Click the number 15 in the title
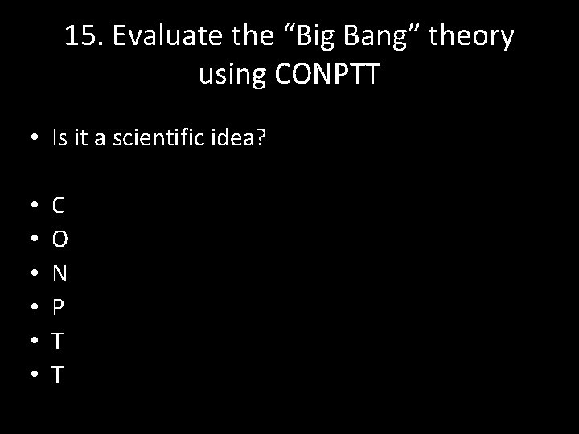tap(81, 36)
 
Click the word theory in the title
tap(475, 36)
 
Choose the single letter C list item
tap(59, 206)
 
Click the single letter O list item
tap(60, 240)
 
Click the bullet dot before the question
tap(30, 139)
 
